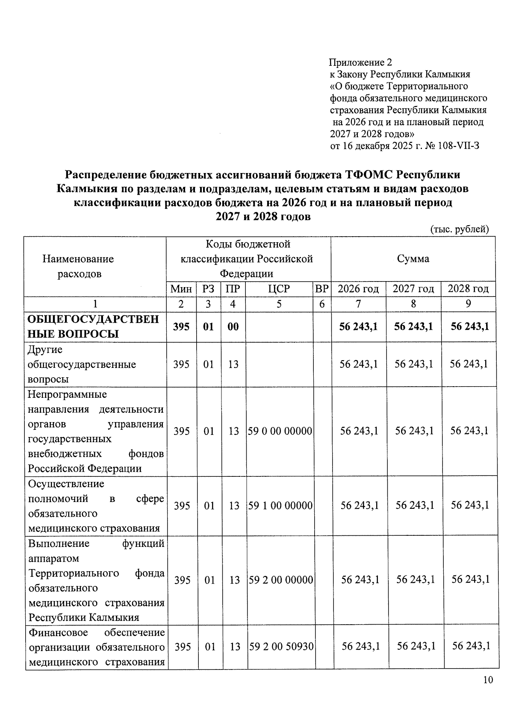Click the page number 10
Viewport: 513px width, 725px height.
click(488, 680)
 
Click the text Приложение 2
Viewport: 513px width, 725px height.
click(360, 62)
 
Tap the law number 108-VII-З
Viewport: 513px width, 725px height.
click(459, 146)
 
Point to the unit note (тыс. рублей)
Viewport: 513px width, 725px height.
click(459, 229)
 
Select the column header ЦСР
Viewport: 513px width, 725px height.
click(279, 289)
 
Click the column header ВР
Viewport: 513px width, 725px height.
click(321, 289)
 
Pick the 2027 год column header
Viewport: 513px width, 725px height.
click(413, 289)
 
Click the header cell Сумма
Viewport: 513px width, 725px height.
click(413, 258)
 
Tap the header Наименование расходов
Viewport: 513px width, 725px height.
click(78, 266)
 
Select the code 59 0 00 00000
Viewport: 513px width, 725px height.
click(280, 431)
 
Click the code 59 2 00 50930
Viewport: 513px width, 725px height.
click(281, 647)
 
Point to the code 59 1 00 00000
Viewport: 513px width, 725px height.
click(280, 506)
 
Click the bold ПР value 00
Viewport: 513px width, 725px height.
click(233, 327)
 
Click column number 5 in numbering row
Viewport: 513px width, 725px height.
click(279, 304)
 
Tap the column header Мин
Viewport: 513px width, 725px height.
click(181, 289)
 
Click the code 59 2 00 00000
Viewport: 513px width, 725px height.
click(281, 580)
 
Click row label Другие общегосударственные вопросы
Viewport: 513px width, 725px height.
click(82, 364)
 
